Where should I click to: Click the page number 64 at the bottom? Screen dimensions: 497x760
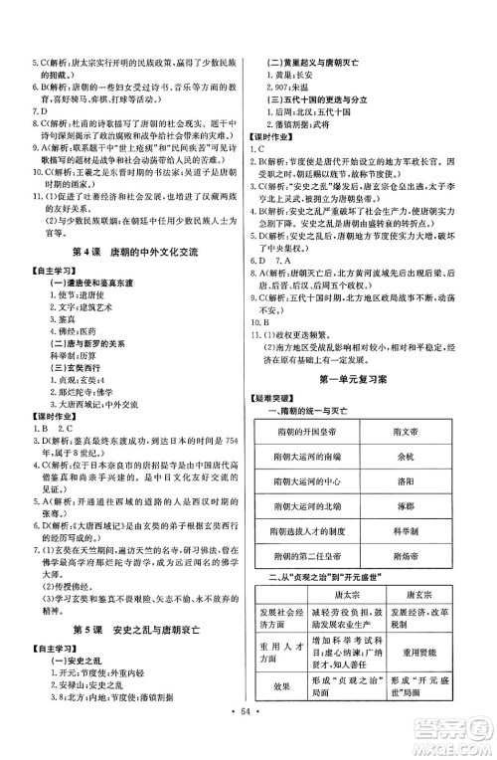(248, 741)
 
